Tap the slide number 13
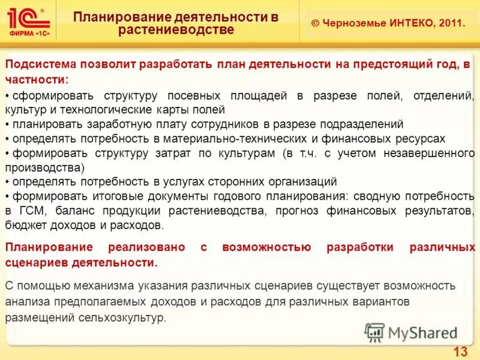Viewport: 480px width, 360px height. [x=460, y=352]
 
